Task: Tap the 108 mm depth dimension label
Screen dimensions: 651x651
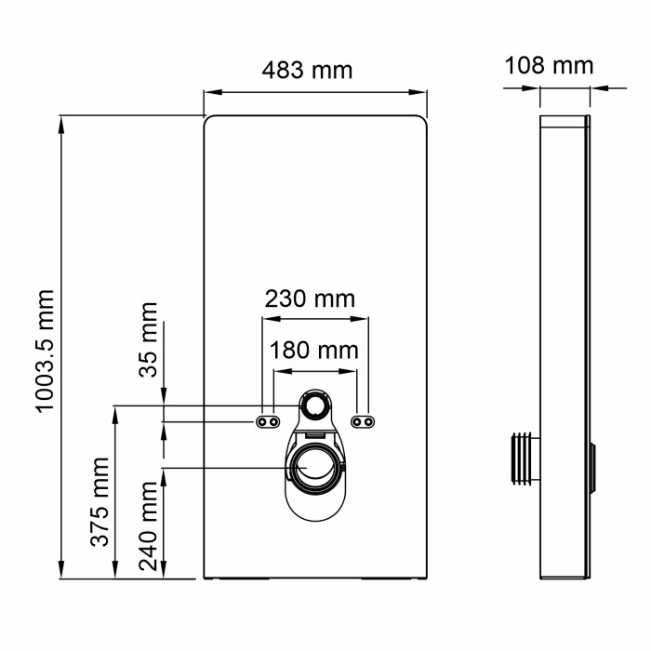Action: coord(549,65)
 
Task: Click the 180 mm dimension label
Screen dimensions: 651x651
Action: coord(313,351)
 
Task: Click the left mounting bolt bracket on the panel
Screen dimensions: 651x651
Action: coord(268,421)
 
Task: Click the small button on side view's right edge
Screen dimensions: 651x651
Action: coord(591,465)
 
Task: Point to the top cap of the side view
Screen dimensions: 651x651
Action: coord(564,121)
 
